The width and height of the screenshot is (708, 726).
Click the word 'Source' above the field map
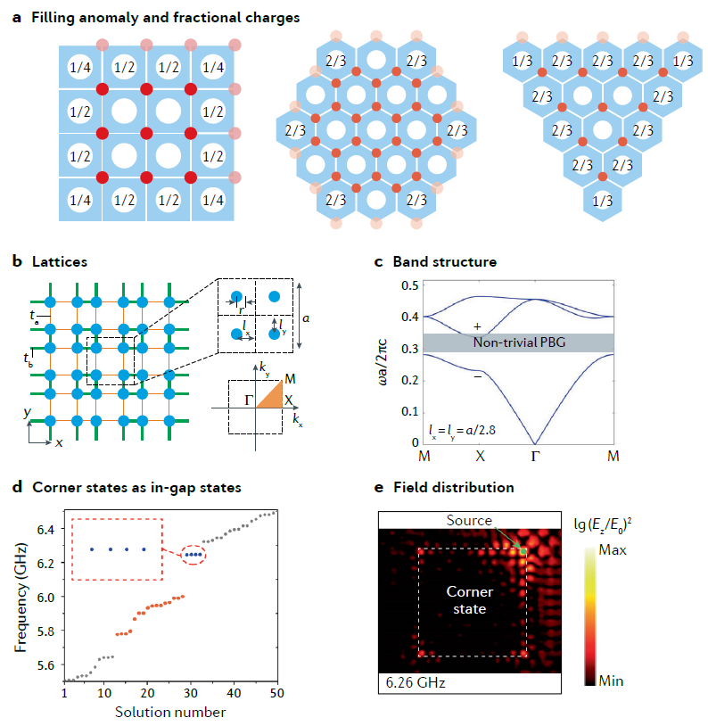tap(469, 520)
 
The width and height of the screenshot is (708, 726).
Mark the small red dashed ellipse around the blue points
tap(193, 555)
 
